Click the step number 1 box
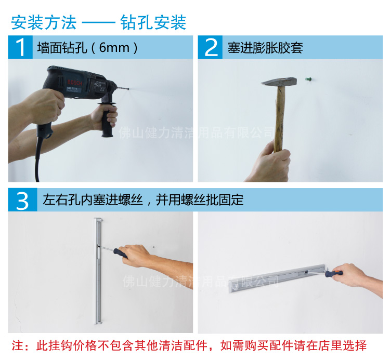pos(20,47)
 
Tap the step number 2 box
pos(210,47)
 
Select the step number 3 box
pos(23,200)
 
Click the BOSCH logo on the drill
pos(74,83)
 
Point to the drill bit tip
pos(128,89)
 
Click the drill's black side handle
pos(107,120)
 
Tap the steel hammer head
pos(279,82)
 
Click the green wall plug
pos(308,79)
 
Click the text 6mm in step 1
pos(114,47)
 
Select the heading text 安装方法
pos(44,22)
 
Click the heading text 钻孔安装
pos(153,22)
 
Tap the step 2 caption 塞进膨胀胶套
pos(265,48)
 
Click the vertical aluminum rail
pos(98,271)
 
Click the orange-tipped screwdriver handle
pos(334,274)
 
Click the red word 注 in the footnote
pos(17,345)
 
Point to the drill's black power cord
pos(38,159)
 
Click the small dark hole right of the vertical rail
pos(154,247)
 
